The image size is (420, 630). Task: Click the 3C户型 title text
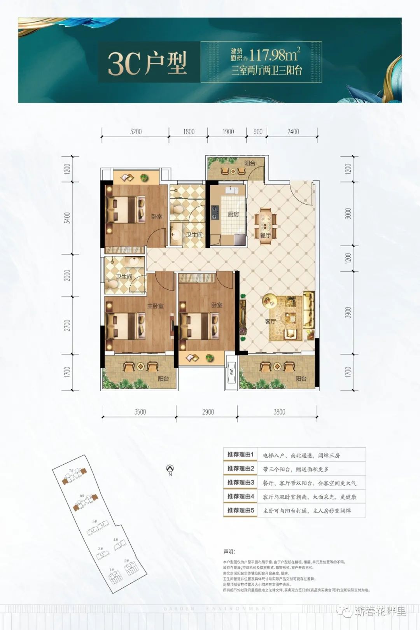point(147,63)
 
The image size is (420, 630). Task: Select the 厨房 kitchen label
point(233,214)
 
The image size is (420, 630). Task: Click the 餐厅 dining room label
point(265,235)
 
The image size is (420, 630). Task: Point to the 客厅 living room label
point(270,321)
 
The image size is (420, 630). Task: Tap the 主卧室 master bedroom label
point(155,306)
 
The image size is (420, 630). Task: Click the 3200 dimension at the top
point(136,132)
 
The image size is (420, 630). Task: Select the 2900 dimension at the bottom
point(208,412)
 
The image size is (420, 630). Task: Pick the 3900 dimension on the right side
point(348,313)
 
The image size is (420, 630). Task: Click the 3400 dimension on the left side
point(68,218)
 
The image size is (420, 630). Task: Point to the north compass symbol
point(170,469)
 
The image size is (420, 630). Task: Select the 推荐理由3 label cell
point(240,483)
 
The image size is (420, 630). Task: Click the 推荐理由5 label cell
point(240,510)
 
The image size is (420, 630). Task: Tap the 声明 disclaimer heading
point(229,551)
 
